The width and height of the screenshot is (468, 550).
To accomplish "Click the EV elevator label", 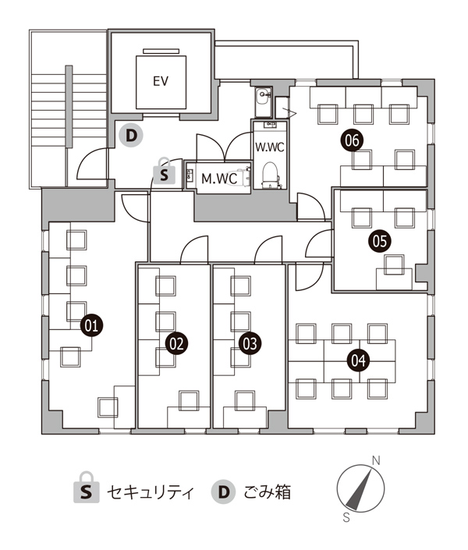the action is tap(161, 81).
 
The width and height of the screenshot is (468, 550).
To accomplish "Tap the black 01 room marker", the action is tap(91, 326).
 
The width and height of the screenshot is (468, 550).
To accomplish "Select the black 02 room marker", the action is tap(176, 344).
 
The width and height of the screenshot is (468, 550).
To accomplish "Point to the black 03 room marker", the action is tap(250, 344).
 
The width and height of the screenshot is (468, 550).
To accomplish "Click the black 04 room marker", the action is tap(358, 360).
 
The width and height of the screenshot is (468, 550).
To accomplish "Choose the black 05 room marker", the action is tap(380, 241).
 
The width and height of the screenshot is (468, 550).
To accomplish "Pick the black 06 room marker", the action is tap(353, 140).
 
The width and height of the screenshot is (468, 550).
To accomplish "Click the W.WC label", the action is tap(269, 147).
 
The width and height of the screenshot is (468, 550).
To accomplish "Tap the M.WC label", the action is tap(219, 179).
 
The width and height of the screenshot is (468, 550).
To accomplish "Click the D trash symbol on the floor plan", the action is tap(131, 136).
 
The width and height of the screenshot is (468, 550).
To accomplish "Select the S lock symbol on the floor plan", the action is tap(164, 171).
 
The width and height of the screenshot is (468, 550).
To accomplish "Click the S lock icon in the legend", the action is tap(87, 488).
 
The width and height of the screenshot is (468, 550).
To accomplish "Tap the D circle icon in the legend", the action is tap(223, 491).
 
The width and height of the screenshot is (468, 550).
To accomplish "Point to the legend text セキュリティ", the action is tap(151, 491).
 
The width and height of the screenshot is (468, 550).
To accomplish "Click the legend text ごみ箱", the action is tap(268, 491).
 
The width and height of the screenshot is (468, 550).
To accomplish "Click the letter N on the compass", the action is tap(376, 460).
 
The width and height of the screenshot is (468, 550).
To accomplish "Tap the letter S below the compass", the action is tap(346, 517).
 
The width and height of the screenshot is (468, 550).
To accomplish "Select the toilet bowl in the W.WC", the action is tap(271, 174).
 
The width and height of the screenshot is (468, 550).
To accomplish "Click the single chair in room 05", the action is tap(394, 264).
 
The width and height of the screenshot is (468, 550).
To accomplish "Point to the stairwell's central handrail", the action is tap(69, 107).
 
